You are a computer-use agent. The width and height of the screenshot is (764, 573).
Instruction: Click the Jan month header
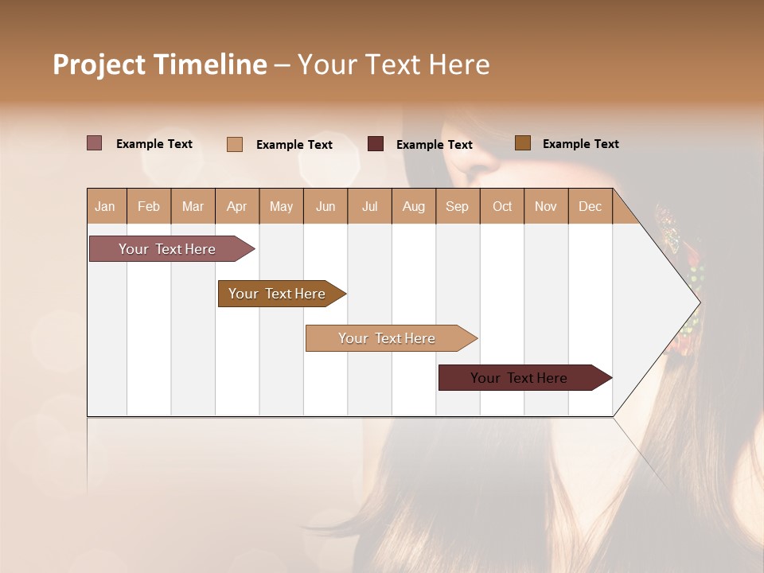click(106, 206)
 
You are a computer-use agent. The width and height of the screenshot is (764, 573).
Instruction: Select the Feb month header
click(149, 206)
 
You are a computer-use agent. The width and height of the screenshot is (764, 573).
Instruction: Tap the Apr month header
click(237, 206)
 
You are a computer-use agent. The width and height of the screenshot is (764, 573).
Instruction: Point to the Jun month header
click(325, 206)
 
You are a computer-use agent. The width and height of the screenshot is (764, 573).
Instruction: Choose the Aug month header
click(414, 206)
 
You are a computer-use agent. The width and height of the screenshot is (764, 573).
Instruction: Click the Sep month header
click(458, 206)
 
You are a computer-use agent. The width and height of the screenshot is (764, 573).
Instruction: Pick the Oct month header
click(502, 206)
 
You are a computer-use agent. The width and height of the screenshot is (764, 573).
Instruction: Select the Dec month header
click(591, 206)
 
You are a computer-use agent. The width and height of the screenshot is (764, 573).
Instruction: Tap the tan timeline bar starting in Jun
click(388, 338)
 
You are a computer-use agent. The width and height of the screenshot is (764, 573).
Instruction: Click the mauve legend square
click(95, 143)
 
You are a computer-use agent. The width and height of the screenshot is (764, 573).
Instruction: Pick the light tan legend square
click(235, 144)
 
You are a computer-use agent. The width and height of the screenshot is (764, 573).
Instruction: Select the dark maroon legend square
click(376, 144)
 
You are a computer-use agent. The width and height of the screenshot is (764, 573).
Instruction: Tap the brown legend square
click(523, 143)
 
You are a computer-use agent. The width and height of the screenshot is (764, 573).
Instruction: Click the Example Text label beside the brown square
click(580, 144)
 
